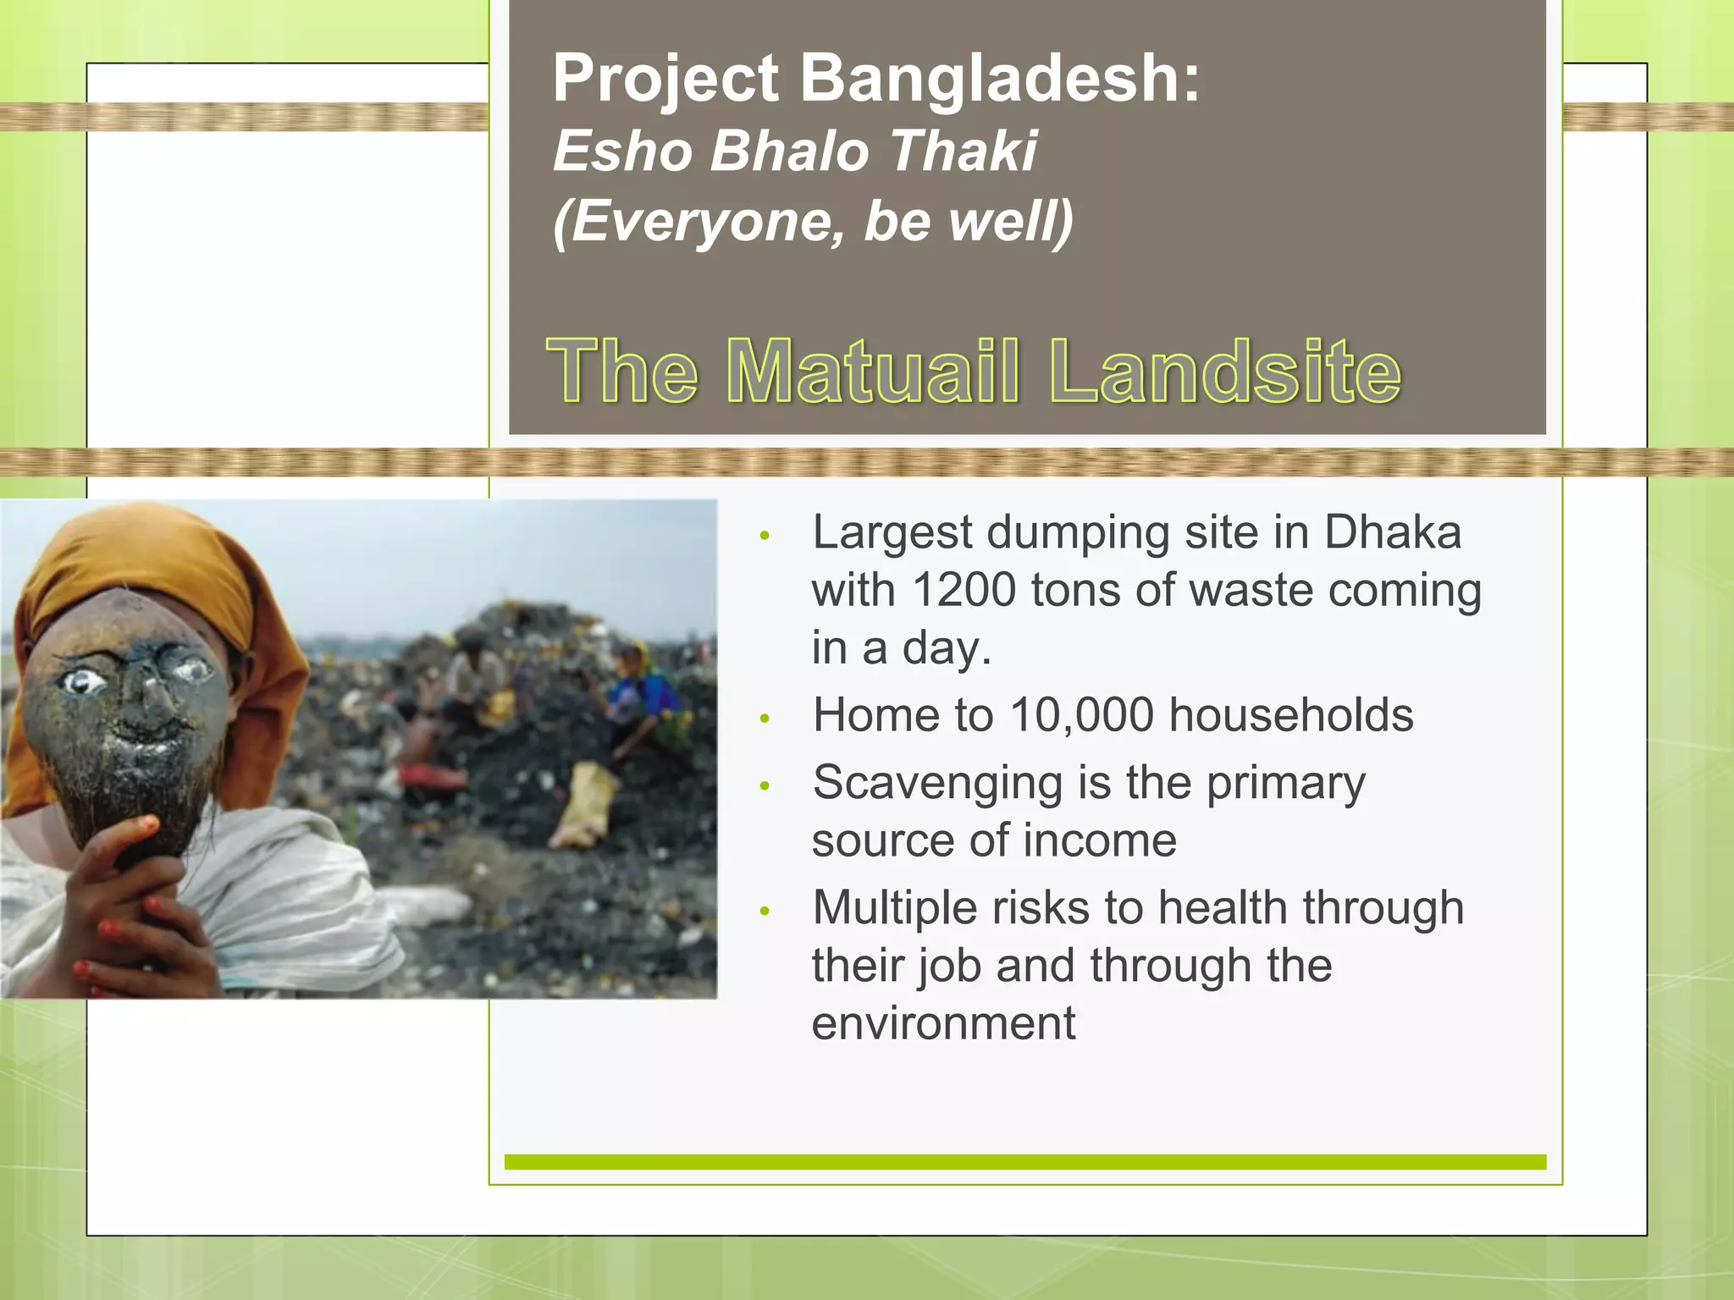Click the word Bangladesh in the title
coord(999,79)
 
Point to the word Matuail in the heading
coord(871,372)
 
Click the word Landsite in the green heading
coord(1224,372)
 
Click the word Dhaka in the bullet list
coord(1393,532)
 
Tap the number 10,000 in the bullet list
coord(1081,715)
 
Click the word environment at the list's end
coord(943,1023)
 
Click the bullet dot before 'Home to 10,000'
coord(765,719)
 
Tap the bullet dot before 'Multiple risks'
coord(765,912)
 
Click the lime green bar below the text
coord(1024,1162)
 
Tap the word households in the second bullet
coord(1290,715)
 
